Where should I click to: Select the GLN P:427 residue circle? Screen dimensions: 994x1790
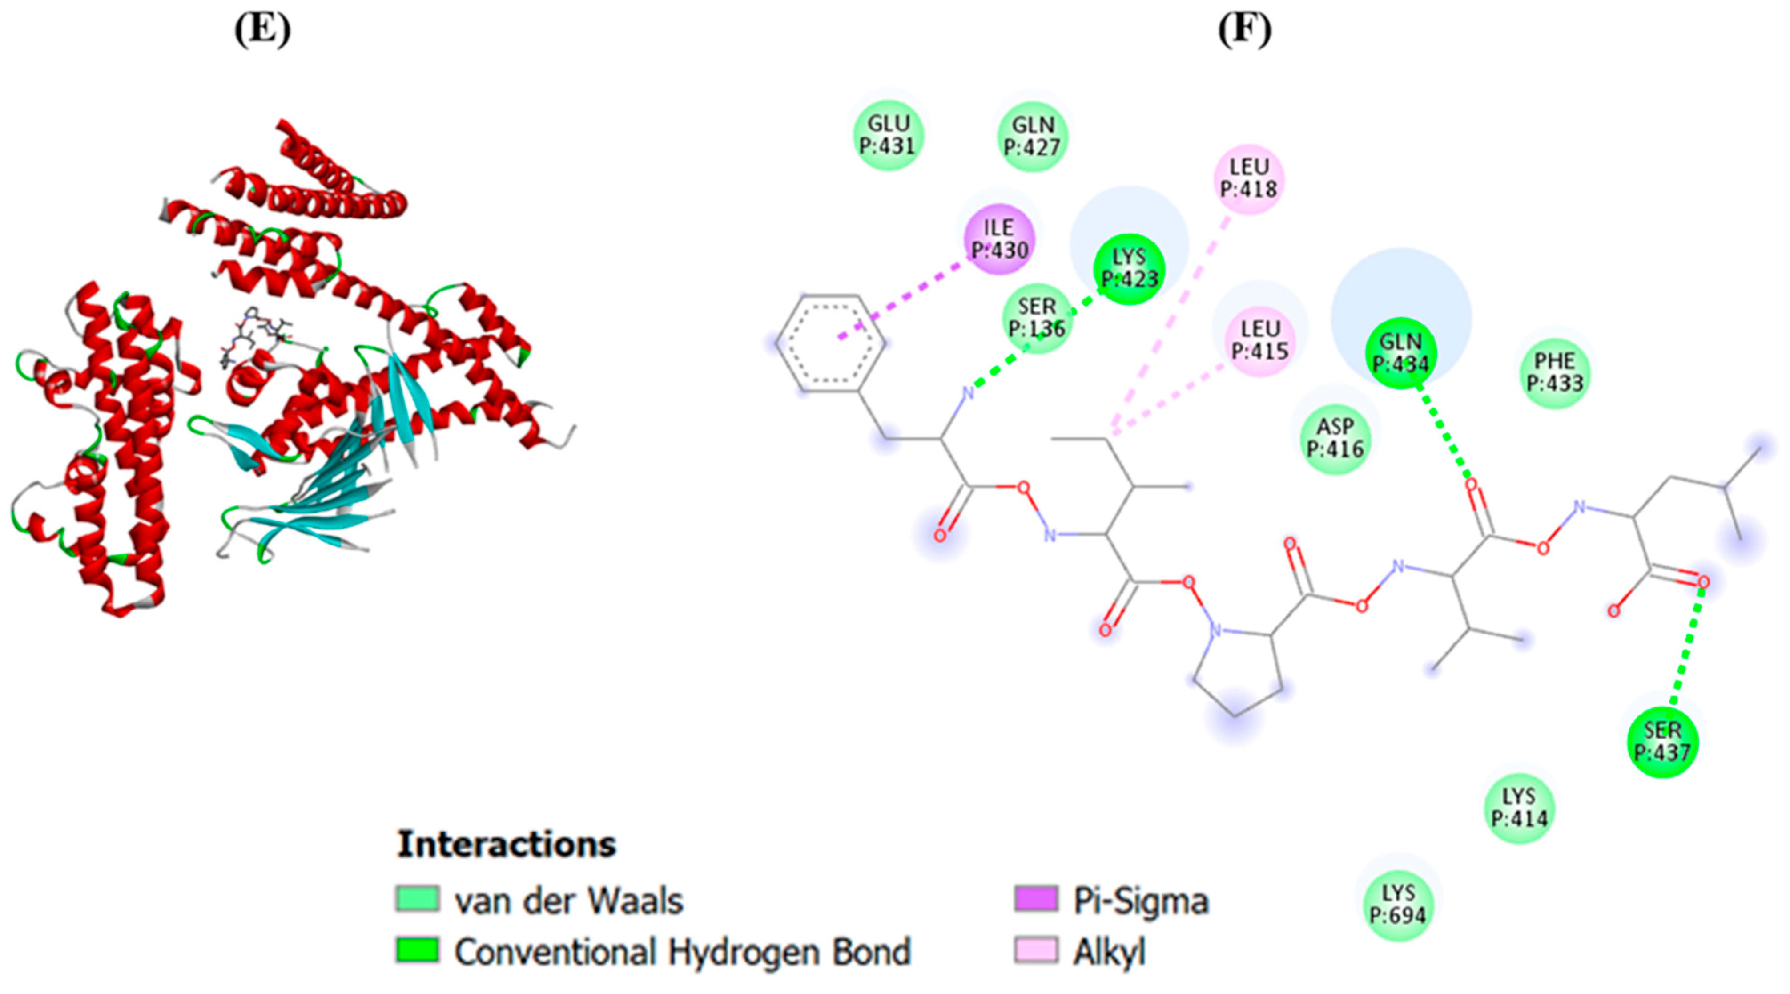(x=1033, y=136)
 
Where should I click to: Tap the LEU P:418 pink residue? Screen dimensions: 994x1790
(x=1249, y=178)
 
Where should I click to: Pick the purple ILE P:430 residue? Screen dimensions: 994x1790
(x=1000, y=239)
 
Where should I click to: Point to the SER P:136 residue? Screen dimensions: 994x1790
(x=1037, y=318)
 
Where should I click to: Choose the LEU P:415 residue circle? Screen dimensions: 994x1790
(x=1260, y=340)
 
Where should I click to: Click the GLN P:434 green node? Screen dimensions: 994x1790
(x=1401, y=353)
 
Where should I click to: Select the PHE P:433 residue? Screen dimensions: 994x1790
(x=1555, y=372)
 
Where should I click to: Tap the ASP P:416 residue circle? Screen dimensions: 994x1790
(x=1335, y=438)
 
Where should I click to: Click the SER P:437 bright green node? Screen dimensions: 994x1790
(x=1663, y=742)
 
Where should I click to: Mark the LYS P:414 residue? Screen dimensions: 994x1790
(x=1519, y=808)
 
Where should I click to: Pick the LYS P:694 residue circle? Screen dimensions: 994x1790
(x=1398, y=904)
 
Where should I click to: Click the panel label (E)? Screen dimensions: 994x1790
(x=263, y=31)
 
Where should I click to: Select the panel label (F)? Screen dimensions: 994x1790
(x=1244, y=31)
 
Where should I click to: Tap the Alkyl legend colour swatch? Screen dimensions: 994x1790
(x=1036, y=950)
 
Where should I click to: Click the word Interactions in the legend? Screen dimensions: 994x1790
(x=507, y=844)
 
